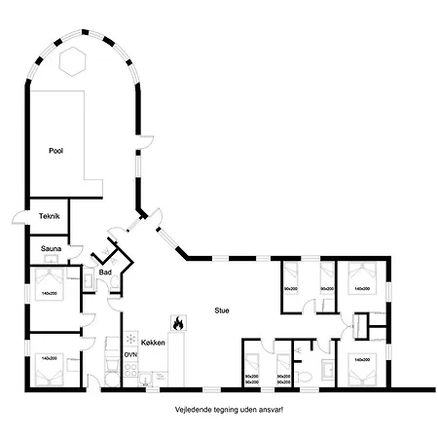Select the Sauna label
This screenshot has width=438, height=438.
pyautogui.click(x=52, y=249)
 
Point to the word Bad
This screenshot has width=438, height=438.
pyautogui.click(x=105, y=274)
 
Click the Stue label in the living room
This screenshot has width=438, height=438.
pyautogui.click(x=222, y=311)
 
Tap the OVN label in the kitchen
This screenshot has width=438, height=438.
pyautogui.click(x=130, y=356)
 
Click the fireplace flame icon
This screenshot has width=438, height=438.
pyautogui.click(x=177, y=321)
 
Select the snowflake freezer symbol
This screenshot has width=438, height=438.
pyautogui.click(x=129, y=339)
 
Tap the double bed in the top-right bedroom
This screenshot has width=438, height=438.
pyautogui.click(x=361, y=284)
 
